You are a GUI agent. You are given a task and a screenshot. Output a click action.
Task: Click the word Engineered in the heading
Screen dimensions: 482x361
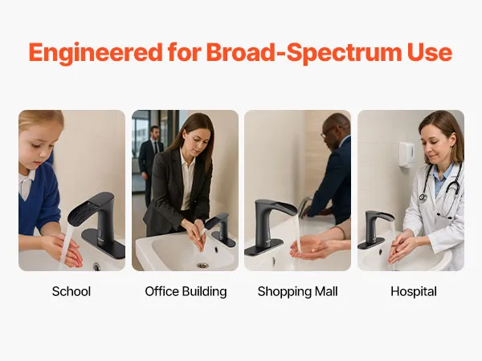[x=96, y=53]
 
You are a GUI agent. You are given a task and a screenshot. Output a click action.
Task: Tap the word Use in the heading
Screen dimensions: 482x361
[x=430, y=52]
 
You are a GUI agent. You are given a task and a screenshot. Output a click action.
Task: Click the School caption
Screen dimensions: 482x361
[x=71, y=291]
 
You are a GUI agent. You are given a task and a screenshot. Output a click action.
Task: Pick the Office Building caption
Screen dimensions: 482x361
[x=186, y=291]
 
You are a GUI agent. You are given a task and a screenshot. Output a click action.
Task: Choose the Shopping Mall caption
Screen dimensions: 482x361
[x=297, y=292]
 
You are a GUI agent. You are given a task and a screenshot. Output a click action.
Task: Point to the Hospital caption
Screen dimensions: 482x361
[x=414, y=292]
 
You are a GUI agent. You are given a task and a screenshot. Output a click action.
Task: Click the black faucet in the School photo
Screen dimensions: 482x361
[x=98, y=222]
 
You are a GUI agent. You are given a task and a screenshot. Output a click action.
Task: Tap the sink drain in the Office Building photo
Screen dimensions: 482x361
[x=202, y=266]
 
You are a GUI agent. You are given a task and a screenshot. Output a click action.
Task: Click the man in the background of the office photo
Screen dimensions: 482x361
[x=151, y=163]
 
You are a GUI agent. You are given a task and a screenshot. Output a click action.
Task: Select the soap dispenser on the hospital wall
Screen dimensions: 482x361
[x=406, y=154]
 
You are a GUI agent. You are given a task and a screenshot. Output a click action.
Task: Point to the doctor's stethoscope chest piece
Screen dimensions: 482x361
[x=423, y=197]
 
